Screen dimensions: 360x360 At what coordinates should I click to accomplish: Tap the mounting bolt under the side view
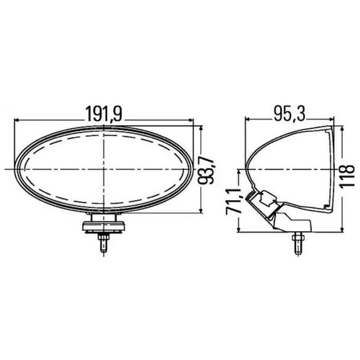(296, 242)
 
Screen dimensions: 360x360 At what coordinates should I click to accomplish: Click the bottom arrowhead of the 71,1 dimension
(237, 231)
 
